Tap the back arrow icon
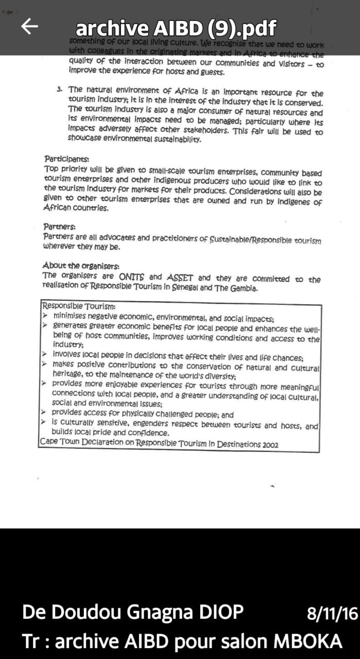pos(30,27)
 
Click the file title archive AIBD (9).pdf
pos(176,27)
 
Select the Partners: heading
pos(60,227)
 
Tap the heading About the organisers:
pos(81,266)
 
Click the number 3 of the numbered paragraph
pos(60,90)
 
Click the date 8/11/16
pos(332,614)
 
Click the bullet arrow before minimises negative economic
pos(45,315)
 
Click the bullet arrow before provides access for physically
pos(45,414)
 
